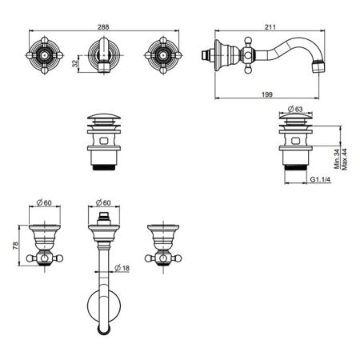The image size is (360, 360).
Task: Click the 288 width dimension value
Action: click(103, 27)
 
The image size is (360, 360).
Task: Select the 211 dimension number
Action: click(270, 27)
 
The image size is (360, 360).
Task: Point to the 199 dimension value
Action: click(267, 94)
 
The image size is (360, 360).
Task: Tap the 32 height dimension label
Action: click(75, 63)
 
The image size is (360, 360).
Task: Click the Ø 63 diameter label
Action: click(295, 109)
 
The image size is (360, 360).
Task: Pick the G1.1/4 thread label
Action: click(320, 179)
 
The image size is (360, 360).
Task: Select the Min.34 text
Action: click(337, 159)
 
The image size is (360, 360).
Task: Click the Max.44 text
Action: click(344, 159)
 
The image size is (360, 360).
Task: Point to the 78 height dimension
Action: click(15, 246)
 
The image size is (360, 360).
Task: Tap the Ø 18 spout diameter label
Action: click(122, 267)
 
